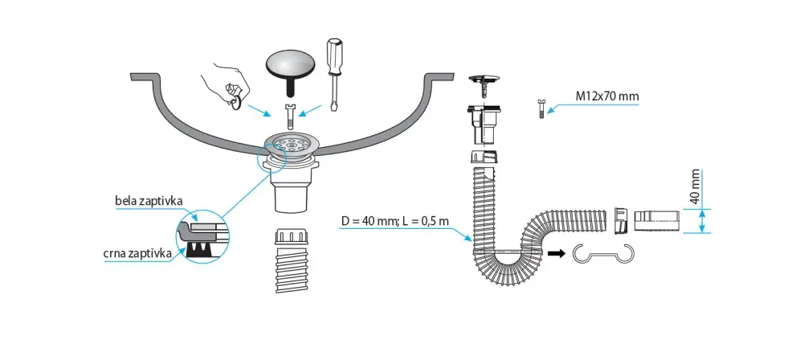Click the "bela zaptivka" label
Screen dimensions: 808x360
(x=149, y=201)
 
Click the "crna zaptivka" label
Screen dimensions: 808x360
(x=138, y=254)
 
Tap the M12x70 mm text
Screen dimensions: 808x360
(x=607, y=96)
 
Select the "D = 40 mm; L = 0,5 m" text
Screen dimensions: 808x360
(x=394, y=221)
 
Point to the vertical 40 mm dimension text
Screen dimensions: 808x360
(x=695, y=186)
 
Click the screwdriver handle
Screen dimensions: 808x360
(x=334, y=56)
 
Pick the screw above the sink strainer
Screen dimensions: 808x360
(x=291, y=116)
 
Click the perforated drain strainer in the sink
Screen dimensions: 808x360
(x=291, y=143)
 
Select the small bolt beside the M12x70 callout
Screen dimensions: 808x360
(x=541, y=108)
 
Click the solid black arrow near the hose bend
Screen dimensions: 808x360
(x=556, y=253)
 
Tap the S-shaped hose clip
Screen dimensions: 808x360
(x=603, y=254)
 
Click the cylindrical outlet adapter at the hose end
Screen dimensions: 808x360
(x=658, y=220)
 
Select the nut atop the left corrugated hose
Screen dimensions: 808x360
(x=292, y=237)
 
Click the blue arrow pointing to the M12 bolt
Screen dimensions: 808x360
(x=594, y=106)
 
